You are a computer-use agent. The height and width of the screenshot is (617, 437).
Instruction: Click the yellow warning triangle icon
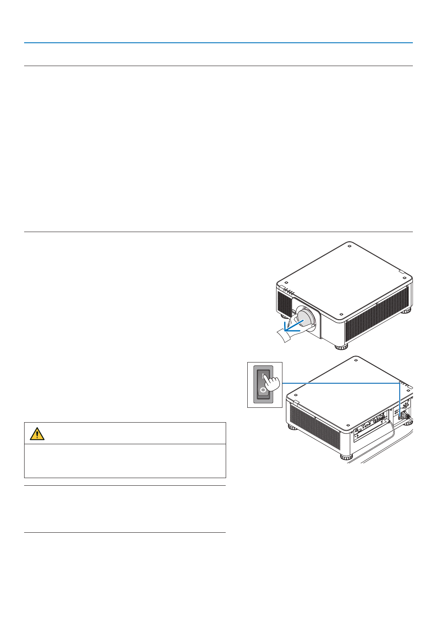(37, 434)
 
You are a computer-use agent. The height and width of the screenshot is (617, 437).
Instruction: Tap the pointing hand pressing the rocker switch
(271, 382)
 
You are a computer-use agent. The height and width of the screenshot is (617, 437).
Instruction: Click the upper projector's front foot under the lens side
(341, 347)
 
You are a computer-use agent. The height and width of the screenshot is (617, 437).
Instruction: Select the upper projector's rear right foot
(407, 310)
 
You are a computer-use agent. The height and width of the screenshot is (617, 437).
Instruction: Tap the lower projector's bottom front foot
(346, 457)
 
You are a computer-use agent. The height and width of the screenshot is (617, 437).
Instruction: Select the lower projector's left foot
(292, 427)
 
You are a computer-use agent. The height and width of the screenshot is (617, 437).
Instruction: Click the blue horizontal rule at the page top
(218, 43)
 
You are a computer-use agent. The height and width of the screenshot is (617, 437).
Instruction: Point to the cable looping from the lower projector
(392, 432)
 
